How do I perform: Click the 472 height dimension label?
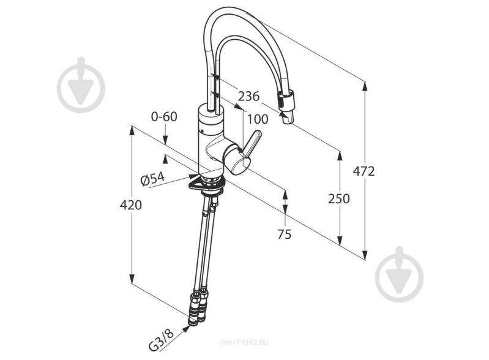[364, 171]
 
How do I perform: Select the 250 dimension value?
[338, 199]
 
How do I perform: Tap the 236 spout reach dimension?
[248, 96]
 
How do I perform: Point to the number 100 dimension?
[258, 119]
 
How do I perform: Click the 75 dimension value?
[285, 234]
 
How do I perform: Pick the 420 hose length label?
[131, 205]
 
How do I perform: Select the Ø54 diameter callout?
[153, 179]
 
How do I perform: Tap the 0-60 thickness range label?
[164, 117]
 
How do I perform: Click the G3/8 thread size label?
[161, 340]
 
